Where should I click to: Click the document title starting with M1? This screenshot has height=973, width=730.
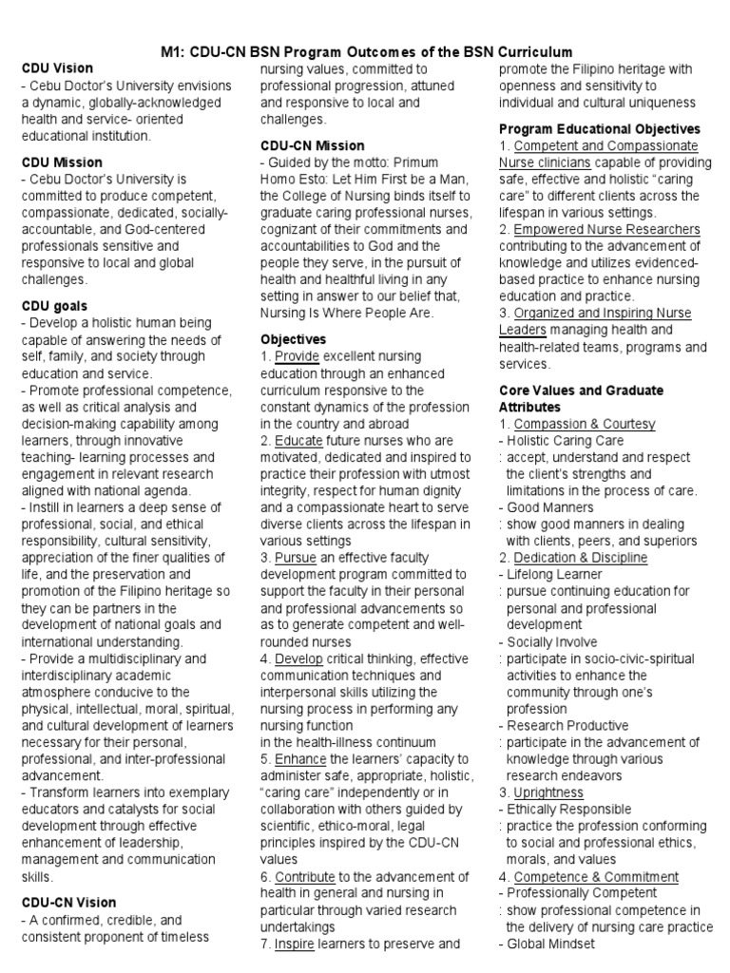pyautogui.click(x=365, y=51)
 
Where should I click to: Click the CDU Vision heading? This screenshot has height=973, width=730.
pyautogui.click(x=58, y=68)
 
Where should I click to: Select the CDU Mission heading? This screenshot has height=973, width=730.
pyautogui.click(x=62, y=162)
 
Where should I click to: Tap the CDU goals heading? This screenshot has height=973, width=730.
pyautogui.click(x=54, y=306)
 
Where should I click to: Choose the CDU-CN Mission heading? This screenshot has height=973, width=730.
pyautogui.click(x=312, y=145)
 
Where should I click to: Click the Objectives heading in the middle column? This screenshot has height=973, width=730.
pyautogui.click(x=293, y=339)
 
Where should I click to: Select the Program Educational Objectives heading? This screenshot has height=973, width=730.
pyautogui.click(x=600, y=128)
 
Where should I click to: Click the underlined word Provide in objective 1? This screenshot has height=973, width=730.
pyautogui.click(x=298, y=356)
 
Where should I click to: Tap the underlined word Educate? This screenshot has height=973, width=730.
pyautogui.click(x=298, y=441)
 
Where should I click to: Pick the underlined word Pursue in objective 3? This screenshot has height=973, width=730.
pyautogui.click(x=297, y=557)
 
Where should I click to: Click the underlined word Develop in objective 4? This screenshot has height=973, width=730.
pyautogui.click(x=298, y=658)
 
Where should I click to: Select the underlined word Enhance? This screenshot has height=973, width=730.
pyautogui.click(x=300, y=759)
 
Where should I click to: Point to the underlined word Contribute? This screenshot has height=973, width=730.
pyautogui.click(x=305, y=876)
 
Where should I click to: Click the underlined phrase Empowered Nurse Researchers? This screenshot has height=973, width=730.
pyautogui.click(x=606, y=229)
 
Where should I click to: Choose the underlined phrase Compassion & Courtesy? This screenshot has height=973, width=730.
pyautogui.click(x=584, y=424)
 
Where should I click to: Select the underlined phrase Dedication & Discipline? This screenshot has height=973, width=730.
pyautogui.click(x=580, y=558)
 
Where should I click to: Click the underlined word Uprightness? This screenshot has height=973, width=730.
pyautogui.click(x=548, y=792)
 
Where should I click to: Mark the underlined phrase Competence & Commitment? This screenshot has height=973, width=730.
pyautogui.click(x=596, y=876)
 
